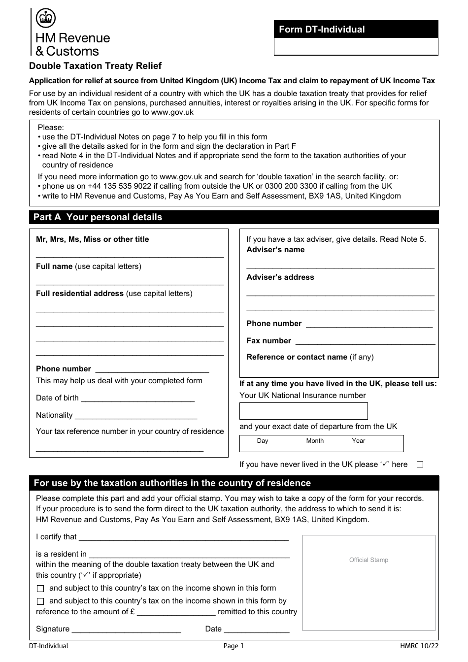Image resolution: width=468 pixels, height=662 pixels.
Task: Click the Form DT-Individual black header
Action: click(x=356, y=30)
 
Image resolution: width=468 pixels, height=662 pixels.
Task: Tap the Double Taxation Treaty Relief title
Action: click(x=95, y=66)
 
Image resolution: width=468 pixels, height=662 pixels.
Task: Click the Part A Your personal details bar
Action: click(x=234, y=217)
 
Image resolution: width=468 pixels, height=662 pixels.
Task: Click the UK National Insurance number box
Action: click(x=303, y=411)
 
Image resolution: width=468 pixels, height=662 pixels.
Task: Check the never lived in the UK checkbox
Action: click(x=420, y=464)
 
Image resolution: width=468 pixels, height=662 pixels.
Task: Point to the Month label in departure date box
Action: click(x=315, y=441)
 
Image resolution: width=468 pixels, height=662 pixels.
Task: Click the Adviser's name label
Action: click(x=275, y=250)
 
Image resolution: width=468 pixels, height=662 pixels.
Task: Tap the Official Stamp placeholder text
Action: click(x=368, y=560)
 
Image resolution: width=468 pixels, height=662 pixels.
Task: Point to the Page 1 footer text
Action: click(x=234, y=646)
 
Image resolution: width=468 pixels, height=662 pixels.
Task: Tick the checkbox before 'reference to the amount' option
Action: click(x=40, y=601)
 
